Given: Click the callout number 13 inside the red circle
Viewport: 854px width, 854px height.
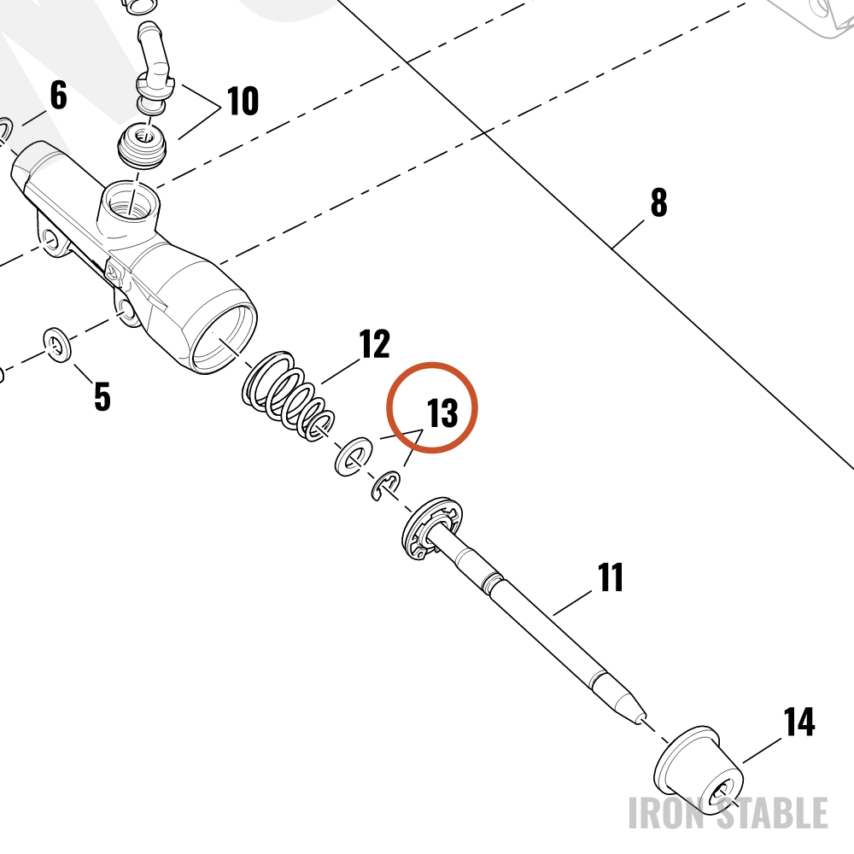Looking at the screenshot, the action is [x=442, y=412].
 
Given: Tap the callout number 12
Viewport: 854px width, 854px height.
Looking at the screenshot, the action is [x=375, y=343].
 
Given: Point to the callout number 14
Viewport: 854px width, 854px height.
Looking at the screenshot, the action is [x=799, y=722].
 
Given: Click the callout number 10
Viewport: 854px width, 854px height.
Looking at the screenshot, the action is [x=243, y=101].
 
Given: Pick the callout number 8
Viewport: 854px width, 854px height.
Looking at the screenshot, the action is [x=659, y=202].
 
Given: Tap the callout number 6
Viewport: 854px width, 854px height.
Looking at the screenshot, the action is [x=58, y=95].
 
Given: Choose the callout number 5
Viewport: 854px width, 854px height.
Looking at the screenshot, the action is [x=102, y=396].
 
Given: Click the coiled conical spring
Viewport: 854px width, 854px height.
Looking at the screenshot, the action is [x=288, y=396].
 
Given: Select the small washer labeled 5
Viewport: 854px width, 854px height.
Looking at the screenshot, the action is [x=57, y=345].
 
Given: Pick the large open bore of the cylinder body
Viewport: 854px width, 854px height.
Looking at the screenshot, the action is [x=223, y=337].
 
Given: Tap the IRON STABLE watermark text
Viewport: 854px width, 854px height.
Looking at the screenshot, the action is [x=728, y=813].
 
